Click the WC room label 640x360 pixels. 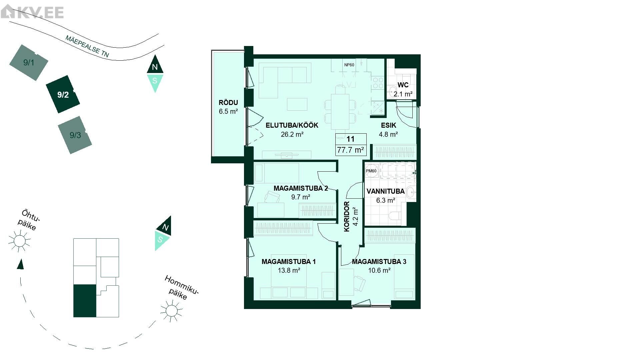(x=403, y=85)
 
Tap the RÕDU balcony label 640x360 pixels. (x=228, y=103)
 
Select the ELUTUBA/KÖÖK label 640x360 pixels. (x=292, y=125)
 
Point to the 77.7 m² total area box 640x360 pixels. (x=350, y=150)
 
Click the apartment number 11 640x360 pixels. (x=350, y=139)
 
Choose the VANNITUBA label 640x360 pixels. (x=386, y=191)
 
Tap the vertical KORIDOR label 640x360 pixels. (x=347, y=217)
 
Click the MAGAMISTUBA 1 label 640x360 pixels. (x=289, y=262)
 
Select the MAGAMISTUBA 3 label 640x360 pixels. (x=379, y=262)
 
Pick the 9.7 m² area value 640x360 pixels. (x=301, y=197)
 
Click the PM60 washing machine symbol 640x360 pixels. (x=371, y=171)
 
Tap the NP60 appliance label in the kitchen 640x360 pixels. (x=349, y=65)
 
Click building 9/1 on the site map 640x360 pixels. (x=29, y=63)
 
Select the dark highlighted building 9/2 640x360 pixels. (x=63, y=94)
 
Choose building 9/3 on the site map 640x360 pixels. (x=75, y=135)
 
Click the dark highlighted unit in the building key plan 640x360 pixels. (x=85, y=301)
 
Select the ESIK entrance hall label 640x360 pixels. (x=389, y=125)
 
